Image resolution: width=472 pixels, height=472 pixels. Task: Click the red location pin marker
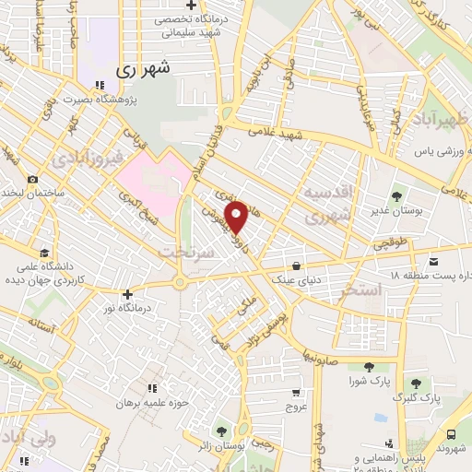[237, 217]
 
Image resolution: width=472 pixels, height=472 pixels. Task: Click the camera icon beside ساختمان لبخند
[33, 179]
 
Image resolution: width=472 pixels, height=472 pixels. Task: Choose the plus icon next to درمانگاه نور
[127, 294]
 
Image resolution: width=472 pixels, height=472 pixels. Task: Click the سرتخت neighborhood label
[186, 251]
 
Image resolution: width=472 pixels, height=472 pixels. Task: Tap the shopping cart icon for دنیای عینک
[295, 260]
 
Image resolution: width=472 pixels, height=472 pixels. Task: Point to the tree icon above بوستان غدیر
[396, 195]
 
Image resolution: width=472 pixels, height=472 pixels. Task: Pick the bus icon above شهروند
[451, 433]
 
